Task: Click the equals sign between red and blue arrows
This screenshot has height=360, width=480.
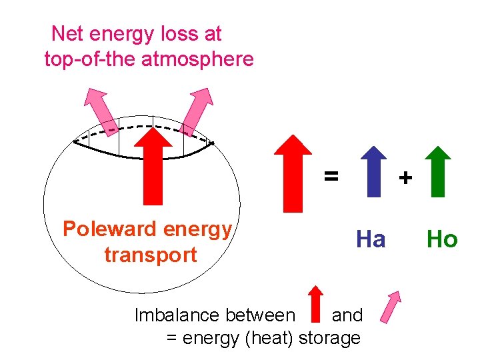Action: pyautogui.click(x=331, y=176)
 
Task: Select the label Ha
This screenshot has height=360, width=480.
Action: pyautogui.click(x=371, y=239)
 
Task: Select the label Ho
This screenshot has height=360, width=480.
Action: pyautogui.click(x=442, y=239)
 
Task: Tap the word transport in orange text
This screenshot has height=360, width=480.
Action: pyautogui.click(x=151, y=255)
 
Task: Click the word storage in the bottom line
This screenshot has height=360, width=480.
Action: pyautogui.click(x=330, y=338)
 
